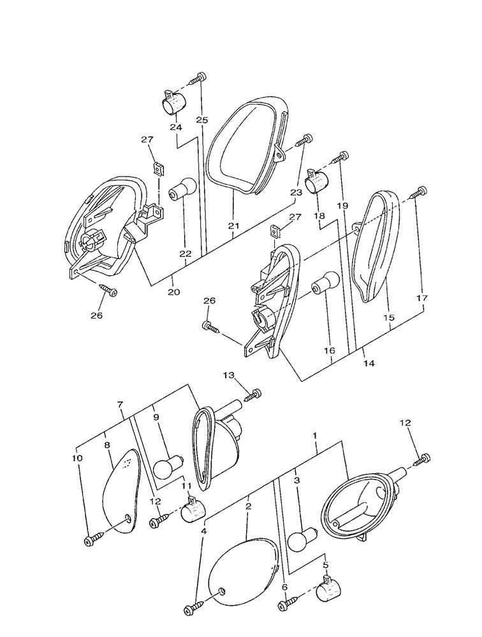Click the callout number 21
[x=233, y=225]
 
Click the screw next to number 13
[x=253, y=395]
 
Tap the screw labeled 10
[x=91, y=540]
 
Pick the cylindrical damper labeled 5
[x=331, y=590]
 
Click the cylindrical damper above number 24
[x=171, y=102]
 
